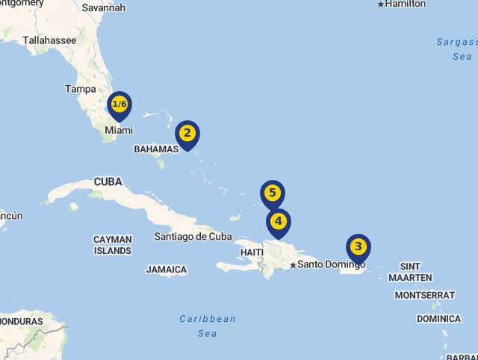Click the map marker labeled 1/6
point(119,105)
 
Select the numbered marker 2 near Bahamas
point(187,134)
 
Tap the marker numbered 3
point(358,246)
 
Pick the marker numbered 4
point(279,221)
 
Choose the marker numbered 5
point(273,193)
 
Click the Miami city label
point(119,130)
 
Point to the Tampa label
point(81,89)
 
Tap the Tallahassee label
point(49,40)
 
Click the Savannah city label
point(103,7)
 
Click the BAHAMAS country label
point(156,149)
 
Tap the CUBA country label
point(108,181)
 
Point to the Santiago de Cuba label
point(193,237)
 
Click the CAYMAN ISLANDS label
point(113,245)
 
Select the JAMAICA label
point(167,270)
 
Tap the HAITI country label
point(252,252)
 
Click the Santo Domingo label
point(332,264)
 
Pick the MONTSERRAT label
point(424,295)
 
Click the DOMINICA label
point(438,319)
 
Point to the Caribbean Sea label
point(208,326)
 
